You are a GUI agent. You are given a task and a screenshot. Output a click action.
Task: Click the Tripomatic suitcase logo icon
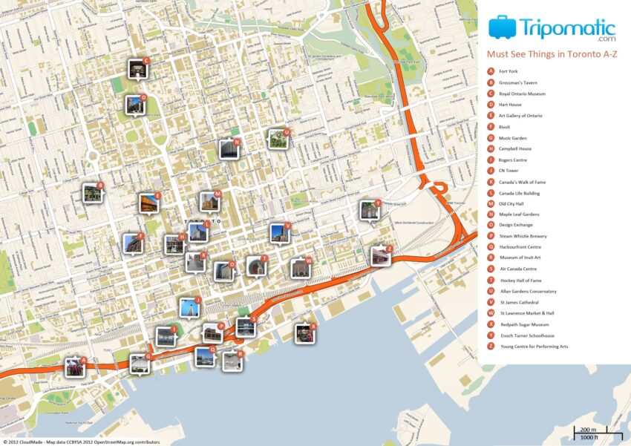(503, 27)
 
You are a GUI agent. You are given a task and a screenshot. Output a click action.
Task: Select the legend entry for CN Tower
(511, 171)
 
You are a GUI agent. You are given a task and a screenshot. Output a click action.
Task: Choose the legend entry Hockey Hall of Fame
(520, 281)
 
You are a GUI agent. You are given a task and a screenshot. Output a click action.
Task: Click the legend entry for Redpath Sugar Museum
(524, 324)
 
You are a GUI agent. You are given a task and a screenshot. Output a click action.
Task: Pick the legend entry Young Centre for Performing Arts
(534, 347)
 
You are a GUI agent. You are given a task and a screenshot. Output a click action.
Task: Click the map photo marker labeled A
(75, 367)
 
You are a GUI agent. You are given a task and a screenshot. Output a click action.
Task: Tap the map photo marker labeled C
(138, 70)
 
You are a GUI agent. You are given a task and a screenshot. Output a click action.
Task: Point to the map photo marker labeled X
(304, 334)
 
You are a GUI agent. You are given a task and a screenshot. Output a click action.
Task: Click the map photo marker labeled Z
(380, 257)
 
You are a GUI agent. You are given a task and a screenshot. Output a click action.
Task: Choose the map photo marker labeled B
(92, 194)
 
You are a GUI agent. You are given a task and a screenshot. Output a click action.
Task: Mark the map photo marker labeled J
(189, 307)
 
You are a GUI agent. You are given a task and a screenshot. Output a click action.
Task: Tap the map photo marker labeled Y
(369, 211)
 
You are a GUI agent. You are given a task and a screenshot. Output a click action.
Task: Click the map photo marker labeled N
(228, 150)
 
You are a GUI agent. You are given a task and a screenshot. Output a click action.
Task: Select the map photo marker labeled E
(148, 203)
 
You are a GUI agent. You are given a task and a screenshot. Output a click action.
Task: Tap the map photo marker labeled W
(301, 268)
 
